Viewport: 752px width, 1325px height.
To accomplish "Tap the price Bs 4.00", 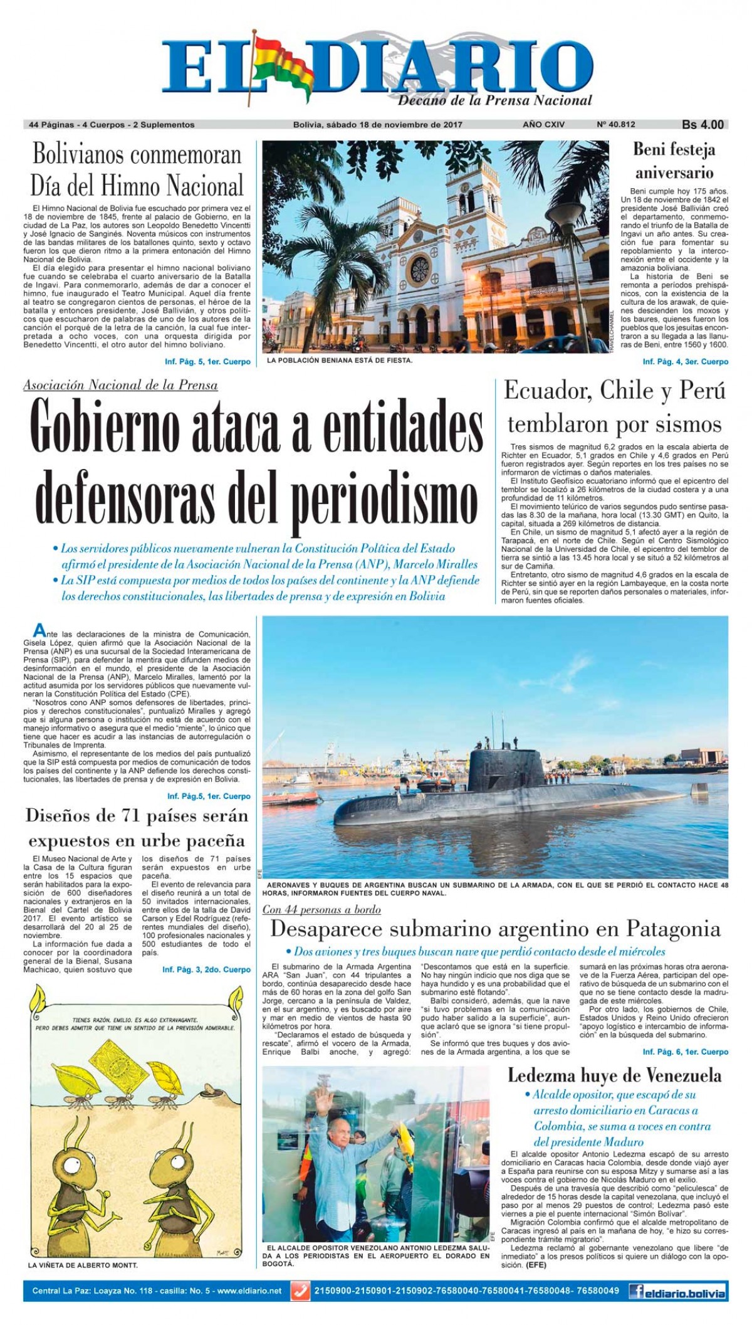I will click(702, 125).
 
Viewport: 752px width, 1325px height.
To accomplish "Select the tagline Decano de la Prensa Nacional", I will click(495, 100).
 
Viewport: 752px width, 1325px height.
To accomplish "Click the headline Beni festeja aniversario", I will click(674, 161).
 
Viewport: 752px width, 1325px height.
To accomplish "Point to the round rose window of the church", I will click(419, 268).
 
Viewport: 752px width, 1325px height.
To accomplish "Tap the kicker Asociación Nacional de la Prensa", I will click(120, 385).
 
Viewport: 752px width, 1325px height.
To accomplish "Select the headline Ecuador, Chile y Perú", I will click(615, 391).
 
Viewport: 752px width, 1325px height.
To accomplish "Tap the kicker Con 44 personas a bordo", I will click(321, 909).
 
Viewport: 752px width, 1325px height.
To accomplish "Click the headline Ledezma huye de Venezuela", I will click(614, 1075).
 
